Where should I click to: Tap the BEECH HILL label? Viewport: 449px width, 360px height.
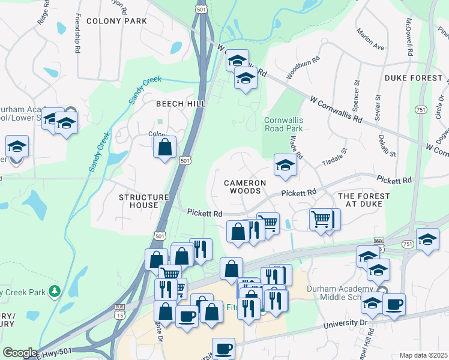[x=181, y=104]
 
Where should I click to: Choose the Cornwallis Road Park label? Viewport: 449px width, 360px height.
[x=284, y=124]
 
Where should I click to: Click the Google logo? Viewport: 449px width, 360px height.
[x=19, y=353]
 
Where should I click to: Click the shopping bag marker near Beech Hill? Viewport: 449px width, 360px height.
[x=165, y=147]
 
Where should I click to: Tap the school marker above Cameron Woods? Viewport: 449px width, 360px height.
[x=285, y=165]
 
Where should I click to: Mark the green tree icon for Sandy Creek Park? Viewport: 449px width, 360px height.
[x=55, y=291]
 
